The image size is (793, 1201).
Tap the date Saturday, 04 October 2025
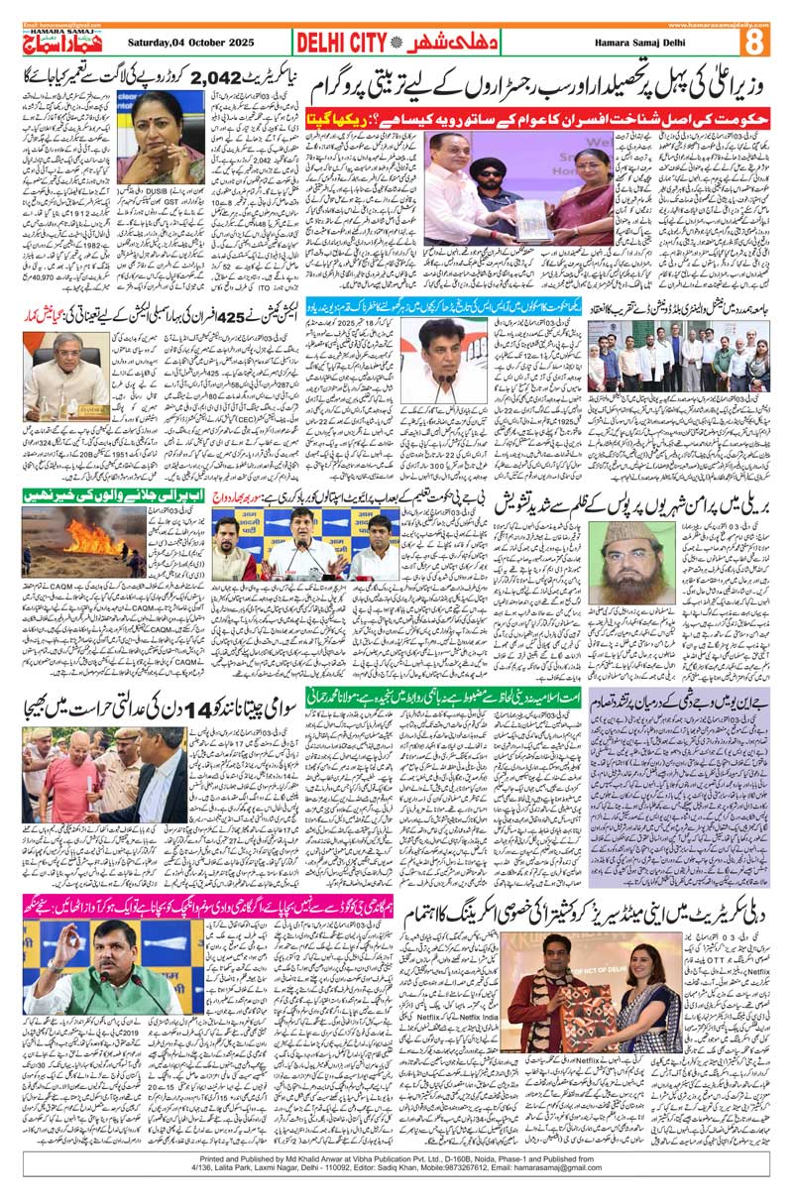[x=191, y=43]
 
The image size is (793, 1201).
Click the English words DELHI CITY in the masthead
[x=340, y=43]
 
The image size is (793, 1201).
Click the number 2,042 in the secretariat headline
[x=216, y=77]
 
